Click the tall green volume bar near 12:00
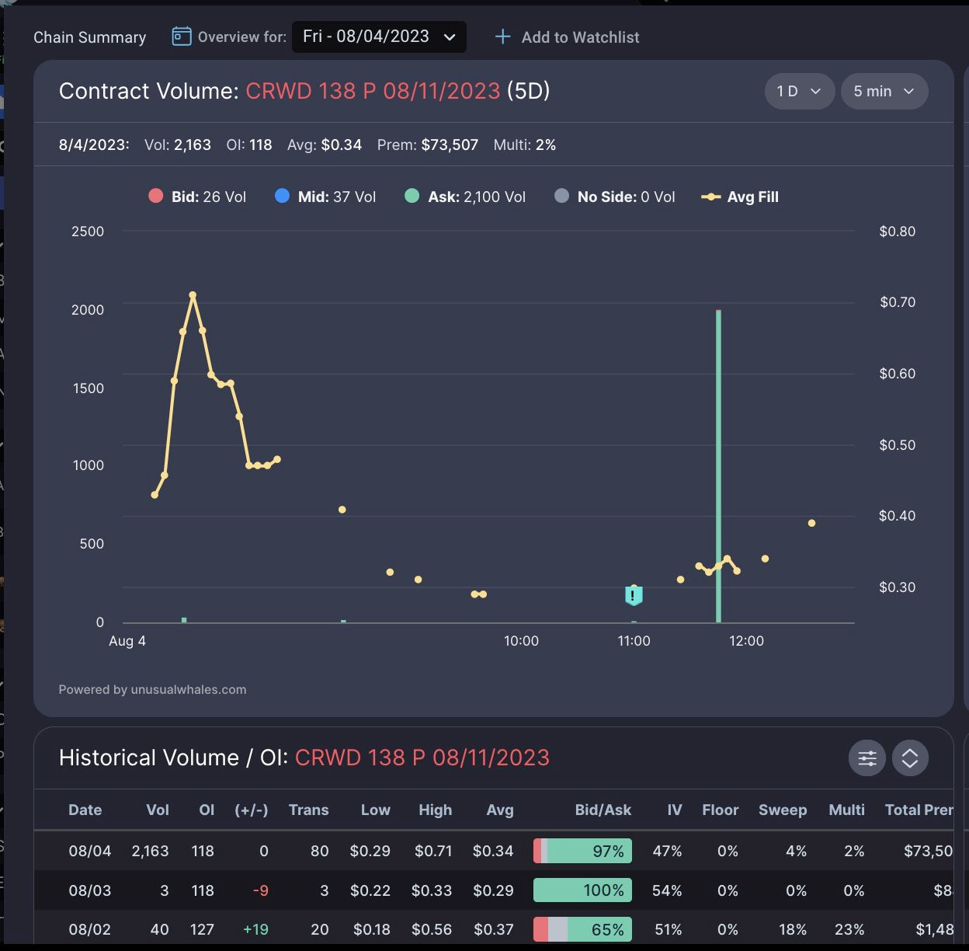point(718,466)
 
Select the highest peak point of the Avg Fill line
point(193,295)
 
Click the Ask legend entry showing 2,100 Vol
point(465,197)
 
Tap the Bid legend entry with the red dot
point(197,197)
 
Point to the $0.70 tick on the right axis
point(897,302)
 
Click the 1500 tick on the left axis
point(88,388)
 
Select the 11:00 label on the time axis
point(634,641)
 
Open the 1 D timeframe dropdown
point(799,92)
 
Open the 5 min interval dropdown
point(884,92)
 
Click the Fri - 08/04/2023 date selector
point(379,37)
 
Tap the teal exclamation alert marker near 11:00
point(634,596)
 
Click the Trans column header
point(308,810)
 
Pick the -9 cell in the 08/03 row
point(261,890)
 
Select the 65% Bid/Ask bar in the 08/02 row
point(582,929)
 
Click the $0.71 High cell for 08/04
point(432,851)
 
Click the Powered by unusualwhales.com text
point(152,689)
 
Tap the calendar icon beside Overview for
point(182,37)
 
